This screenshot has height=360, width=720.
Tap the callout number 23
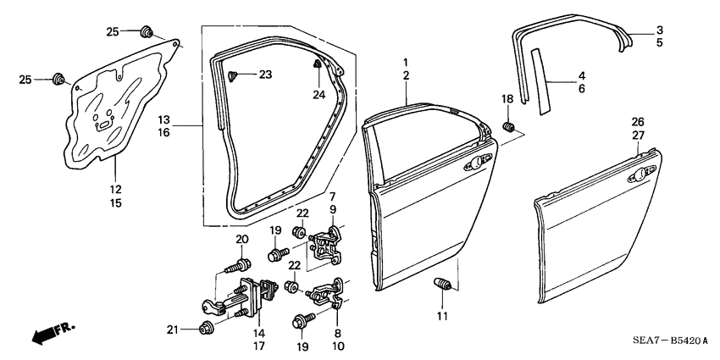(265, 75)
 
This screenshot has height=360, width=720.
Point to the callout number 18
(508, 100)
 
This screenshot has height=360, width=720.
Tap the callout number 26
(638, 122)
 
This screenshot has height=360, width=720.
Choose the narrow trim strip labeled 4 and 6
(540, 80)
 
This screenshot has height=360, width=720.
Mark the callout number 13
(163, 121)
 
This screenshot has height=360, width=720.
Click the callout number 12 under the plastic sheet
(116, 189)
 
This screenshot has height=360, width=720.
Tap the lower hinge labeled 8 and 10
(326, 293)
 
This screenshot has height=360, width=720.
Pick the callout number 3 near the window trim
(659, 30)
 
